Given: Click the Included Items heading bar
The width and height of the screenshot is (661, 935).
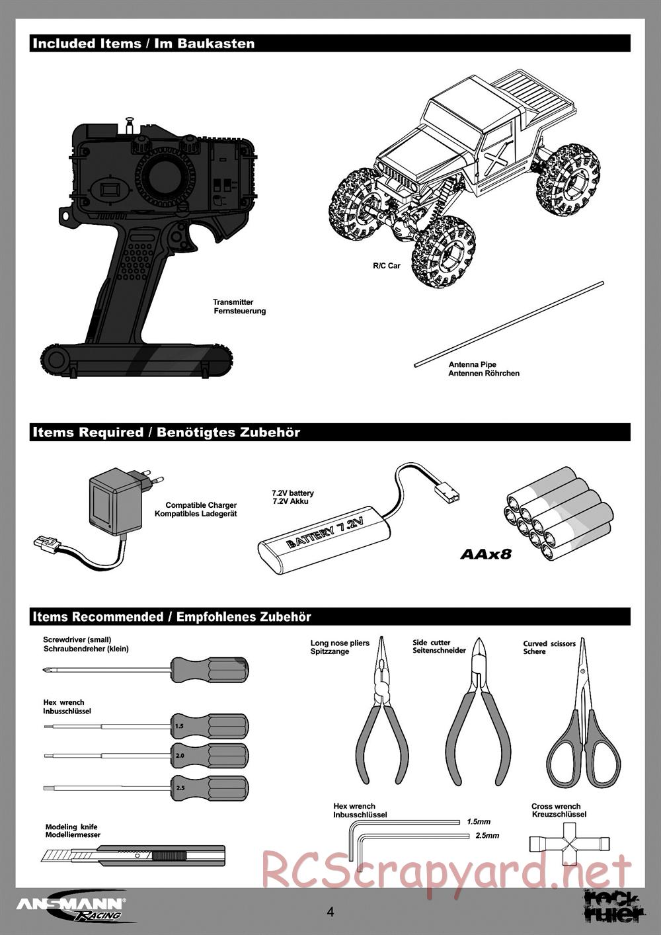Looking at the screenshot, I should tap(330, 44).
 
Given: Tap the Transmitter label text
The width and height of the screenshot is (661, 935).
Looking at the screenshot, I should tap(233, 302).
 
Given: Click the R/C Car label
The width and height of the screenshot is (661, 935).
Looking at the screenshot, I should tap(387, 266).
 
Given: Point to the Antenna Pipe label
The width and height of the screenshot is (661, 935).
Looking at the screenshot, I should tap(473, 364).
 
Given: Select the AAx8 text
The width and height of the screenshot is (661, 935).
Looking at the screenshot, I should tap(486, 553).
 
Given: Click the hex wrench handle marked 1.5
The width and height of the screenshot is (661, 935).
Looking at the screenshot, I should tap(209, 725).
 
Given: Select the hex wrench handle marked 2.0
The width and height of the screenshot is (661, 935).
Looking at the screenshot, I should tap(209, 755).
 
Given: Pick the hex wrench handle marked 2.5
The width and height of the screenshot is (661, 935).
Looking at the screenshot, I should tap(209, 787).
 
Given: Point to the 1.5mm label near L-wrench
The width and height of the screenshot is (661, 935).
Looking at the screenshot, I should tap(479, 821).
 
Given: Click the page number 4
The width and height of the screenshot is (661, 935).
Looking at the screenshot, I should tap(330, 912).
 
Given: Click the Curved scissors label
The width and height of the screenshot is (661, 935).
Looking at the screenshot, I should tap(549, 643).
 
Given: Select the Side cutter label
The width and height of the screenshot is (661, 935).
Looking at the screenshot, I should tap(432, 642).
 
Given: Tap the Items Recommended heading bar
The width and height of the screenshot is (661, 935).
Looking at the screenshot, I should tap(330, 617).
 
